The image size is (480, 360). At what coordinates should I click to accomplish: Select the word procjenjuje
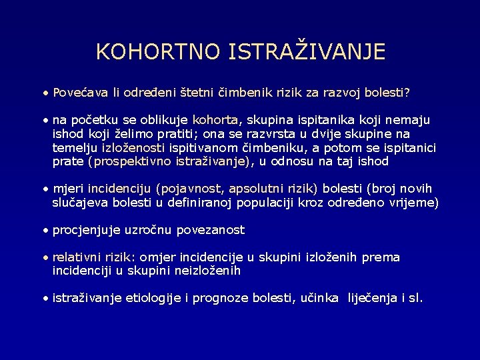click(x=86, y=230)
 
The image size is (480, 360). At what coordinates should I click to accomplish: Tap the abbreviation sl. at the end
click(x=415, y=299)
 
